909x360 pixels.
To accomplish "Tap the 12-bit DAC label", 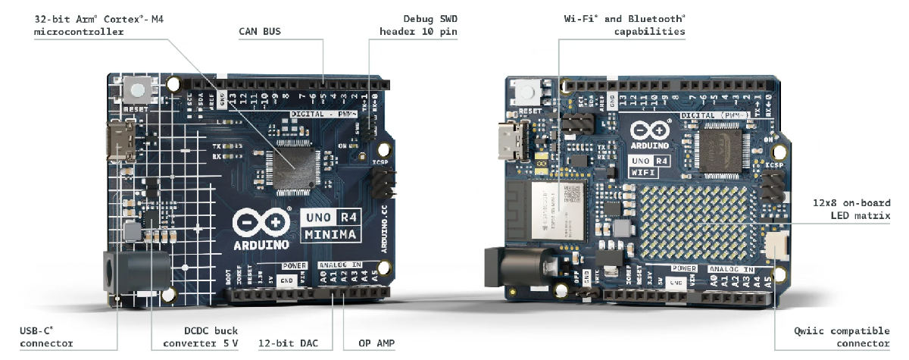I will [x=284, y=343].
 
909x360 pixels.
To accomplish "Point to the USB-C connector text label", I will [x=46, y=337].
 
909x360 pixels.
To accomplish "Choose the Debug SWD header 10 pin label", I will [x=420, y=24].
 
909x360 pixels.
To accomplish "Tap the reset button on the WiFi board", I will [x=529, y=94].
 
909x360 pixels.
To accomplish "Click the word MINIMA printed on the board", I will [x=330, y=234].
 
